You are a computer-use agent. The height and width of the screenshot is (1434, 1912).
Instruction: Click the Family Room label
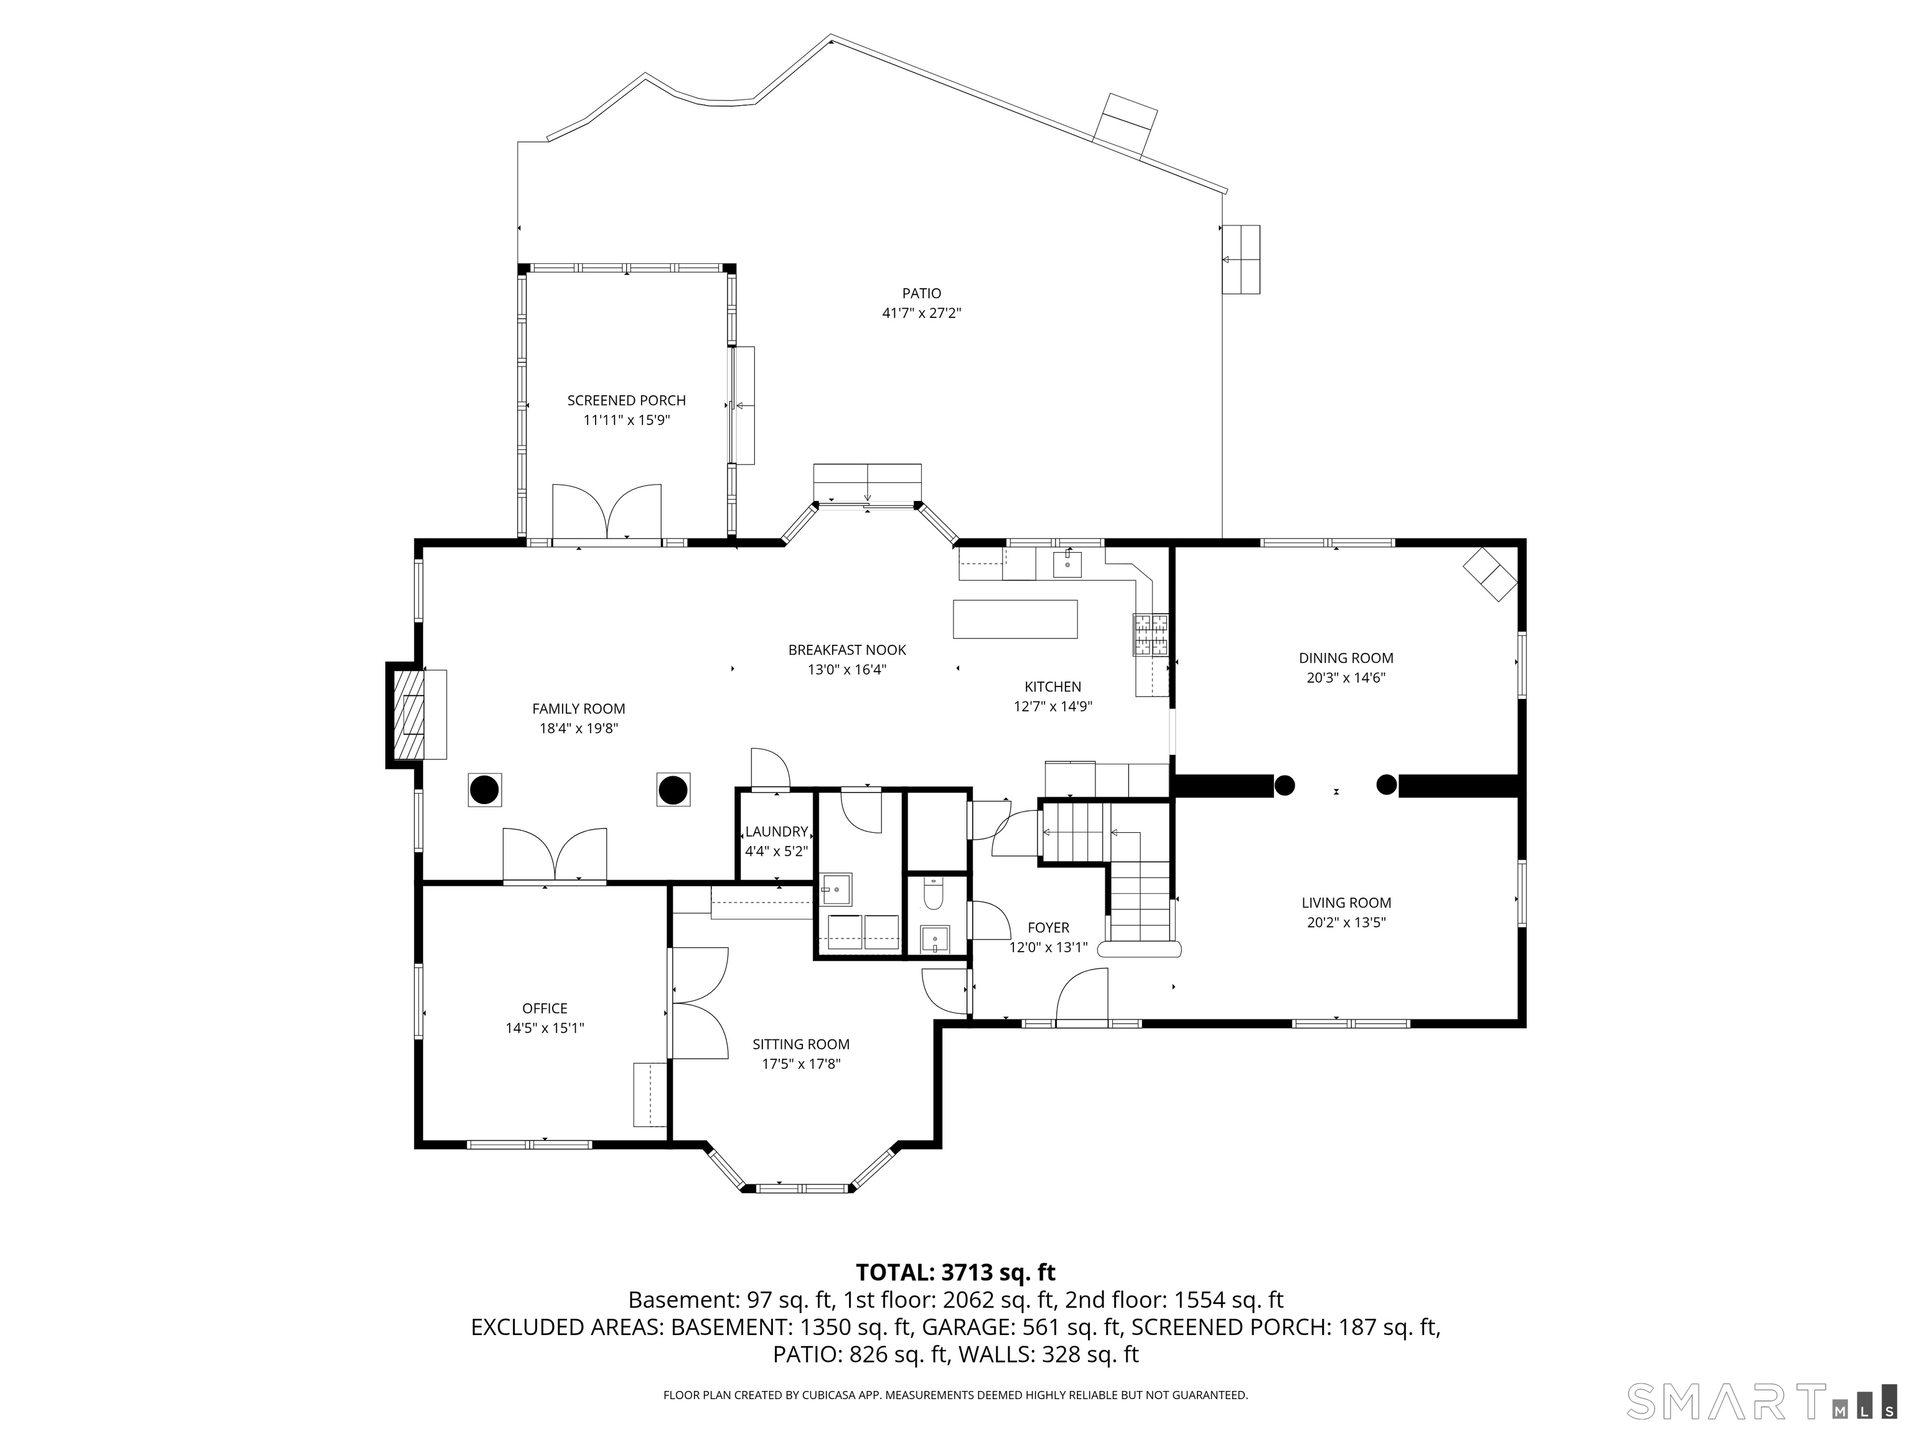tap(578, 709)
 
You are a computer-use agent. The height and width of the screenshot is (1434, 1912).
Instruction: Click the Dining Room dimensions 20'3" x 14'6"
tap(1346, 678)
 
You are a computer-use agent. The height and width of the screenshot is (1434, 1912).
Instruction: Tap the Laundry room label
tap(776, 832)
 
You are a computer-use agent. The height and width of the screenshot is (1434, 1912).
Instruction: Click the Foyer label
tap(1049, 927)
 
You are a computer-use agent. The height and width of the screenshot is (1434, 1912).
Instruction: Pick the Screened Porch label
tap(627, 400)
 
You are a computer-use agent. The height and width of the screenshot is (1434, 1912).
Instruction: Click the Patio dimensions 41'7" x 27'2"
tap(921, 313)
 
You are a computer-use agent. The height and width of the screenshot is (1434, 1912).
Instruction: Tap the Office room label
tap(545, 1008)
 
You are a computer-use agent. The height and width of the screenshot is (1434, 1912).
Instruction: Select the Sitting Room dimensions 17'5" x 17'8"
tap(801, 1064)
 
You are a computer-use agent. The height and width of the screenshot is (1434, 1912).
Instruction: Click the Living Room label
tap(1346, 902)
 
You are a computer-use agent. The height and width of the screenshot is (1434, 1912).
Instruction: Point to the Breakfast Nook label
tap(847, 650)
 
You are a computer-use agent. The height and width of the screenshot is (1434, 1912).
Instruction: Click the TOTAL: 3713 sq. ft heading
tap(955, 1272)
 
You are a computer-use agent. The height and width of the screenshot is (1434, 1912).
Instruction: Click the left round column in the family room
tap(484, 789)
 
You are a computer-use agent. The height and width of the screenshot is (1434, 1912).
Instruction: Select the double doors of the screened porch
tap(607, 513)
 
